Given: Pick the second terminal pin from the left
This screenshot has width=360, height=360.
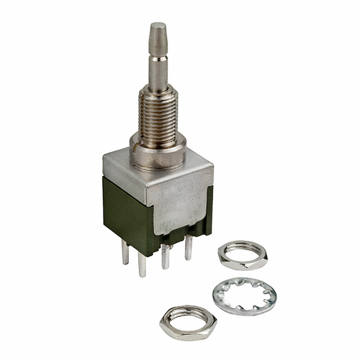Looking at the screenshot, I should point(143,264).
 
